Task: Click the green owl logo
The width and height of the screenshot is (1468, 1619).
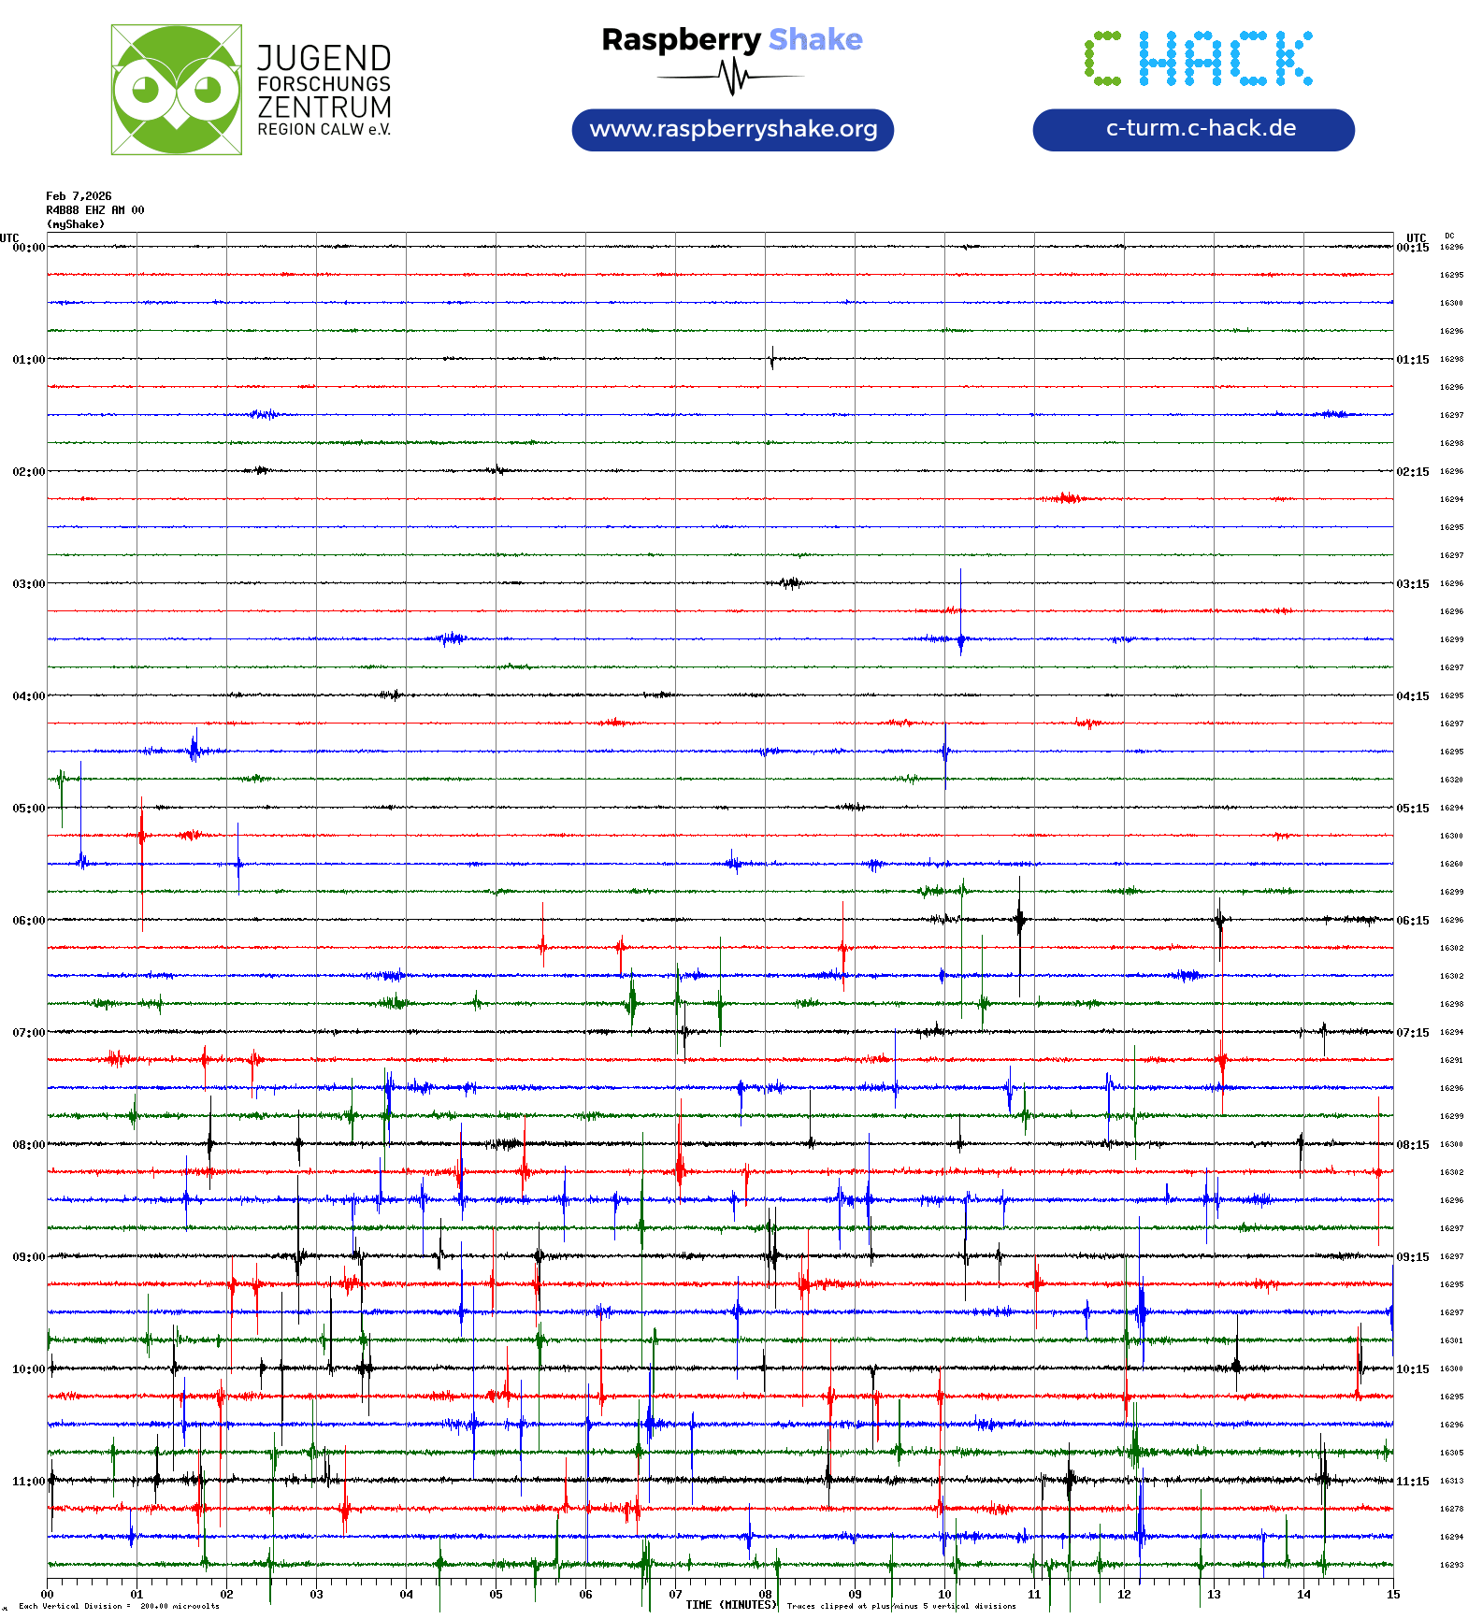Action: tap(176, 90)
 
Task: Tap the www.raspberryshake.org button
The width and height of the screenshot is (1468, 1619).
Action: tap(733, 129)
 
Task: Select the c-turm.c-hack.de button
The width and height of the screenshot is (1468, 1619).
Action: tap(1193, 129)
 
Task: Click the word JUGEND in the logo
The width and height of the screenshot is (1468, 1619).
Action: tap(324, 58)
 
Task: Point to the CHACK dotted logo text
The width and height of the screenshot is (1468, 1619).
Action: tap(1198, 59)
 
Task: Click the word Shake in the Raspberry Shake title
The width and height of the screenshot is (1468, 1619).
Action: tap(815, 39)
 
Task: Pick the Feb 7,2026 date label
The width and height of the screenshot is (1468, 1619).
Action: tap(79, 196)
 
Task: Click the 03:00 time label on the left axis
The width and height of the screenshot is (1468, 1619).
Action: tap(28, 584)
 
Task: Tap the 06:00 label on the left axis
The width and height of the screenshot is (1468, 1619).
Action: tap(28, 921)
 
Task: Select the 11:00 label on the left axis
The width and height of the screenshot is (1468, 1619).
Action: tap(28, 1482)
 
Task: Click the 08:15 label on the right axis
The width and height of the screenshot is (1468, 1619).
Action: tap(1412, 1145)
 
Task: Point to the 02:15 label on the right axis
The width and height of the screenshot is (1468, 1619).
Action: tap(1412, 472)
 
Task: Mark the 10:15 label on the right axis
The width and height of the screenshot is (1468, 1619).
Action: tap(1412, 1369)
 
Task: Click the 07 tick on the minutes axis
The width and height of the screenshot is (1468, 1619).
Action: tap(675, 1595)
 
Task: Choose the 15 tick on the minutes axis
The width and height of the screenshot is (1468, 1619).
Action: tap(1393, 1595)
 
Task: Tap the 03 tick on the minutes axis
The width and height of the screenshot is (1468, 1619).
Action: tap(316, 1595)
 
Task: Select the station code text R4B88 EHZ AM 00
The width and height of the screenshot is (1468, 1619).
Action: tap(95, 210)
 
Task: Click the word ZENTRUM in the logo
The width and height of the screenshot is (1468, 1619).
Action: tap(324, 107)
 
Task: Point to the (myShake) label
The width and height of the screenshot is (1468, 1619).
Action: tap(76, 224)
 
